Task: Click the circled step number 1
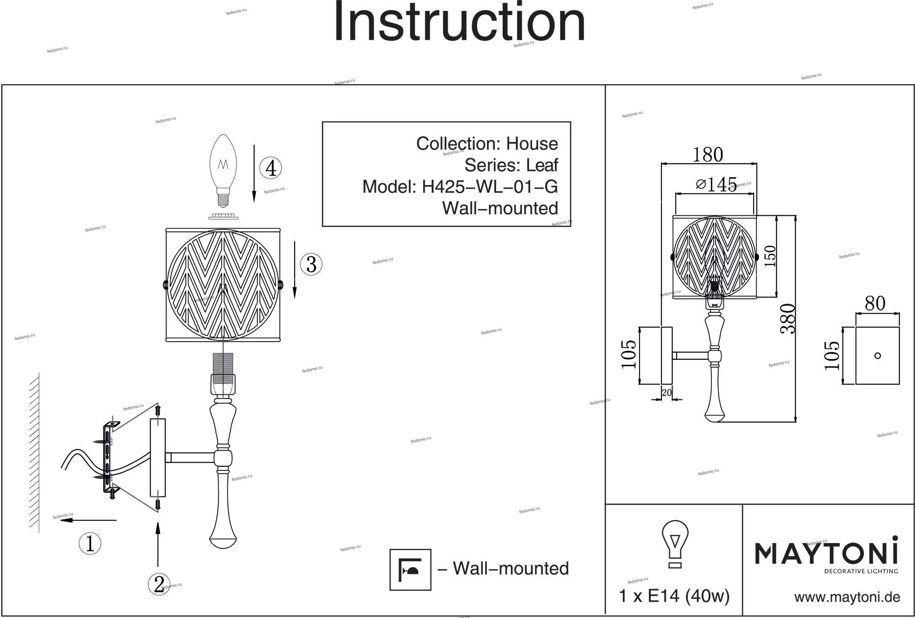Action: (x=90, y=543)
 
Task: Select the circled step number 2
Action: (x=159, y=584)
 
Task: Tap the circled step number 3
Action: (x=311, y=264)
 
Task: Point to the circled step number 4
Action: (x=271, y=168)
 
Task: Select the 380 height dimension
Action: (x=788, y=319)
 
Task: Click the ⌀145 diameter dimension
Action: (x=716, y=184)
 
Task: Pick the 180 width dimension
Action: (x=707, y=154)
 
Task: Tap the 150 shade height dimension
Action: (x=770, y=256)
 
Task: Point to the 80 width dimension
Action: (x=875, y=303)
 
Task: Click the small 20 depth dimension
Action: (x=667, y=392)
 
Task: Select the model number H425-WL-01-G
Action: (x=489, y=186)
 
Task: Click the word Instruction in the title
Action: (x=459, y=22)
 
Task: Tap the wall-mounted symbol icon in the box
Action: (x=410, y=570)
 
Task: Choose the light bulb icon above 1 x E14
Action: (x=675, y=544)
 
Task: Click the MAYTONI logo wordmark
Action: (x=826, y=553)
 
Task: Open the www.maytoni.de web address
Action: (x=847, y=597)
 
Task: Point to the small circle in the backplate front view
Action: (x=877, y=356)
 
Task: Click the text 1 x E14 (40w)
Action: (x=674, y=596)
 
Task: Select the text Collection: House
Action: (x=487, y=144)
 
